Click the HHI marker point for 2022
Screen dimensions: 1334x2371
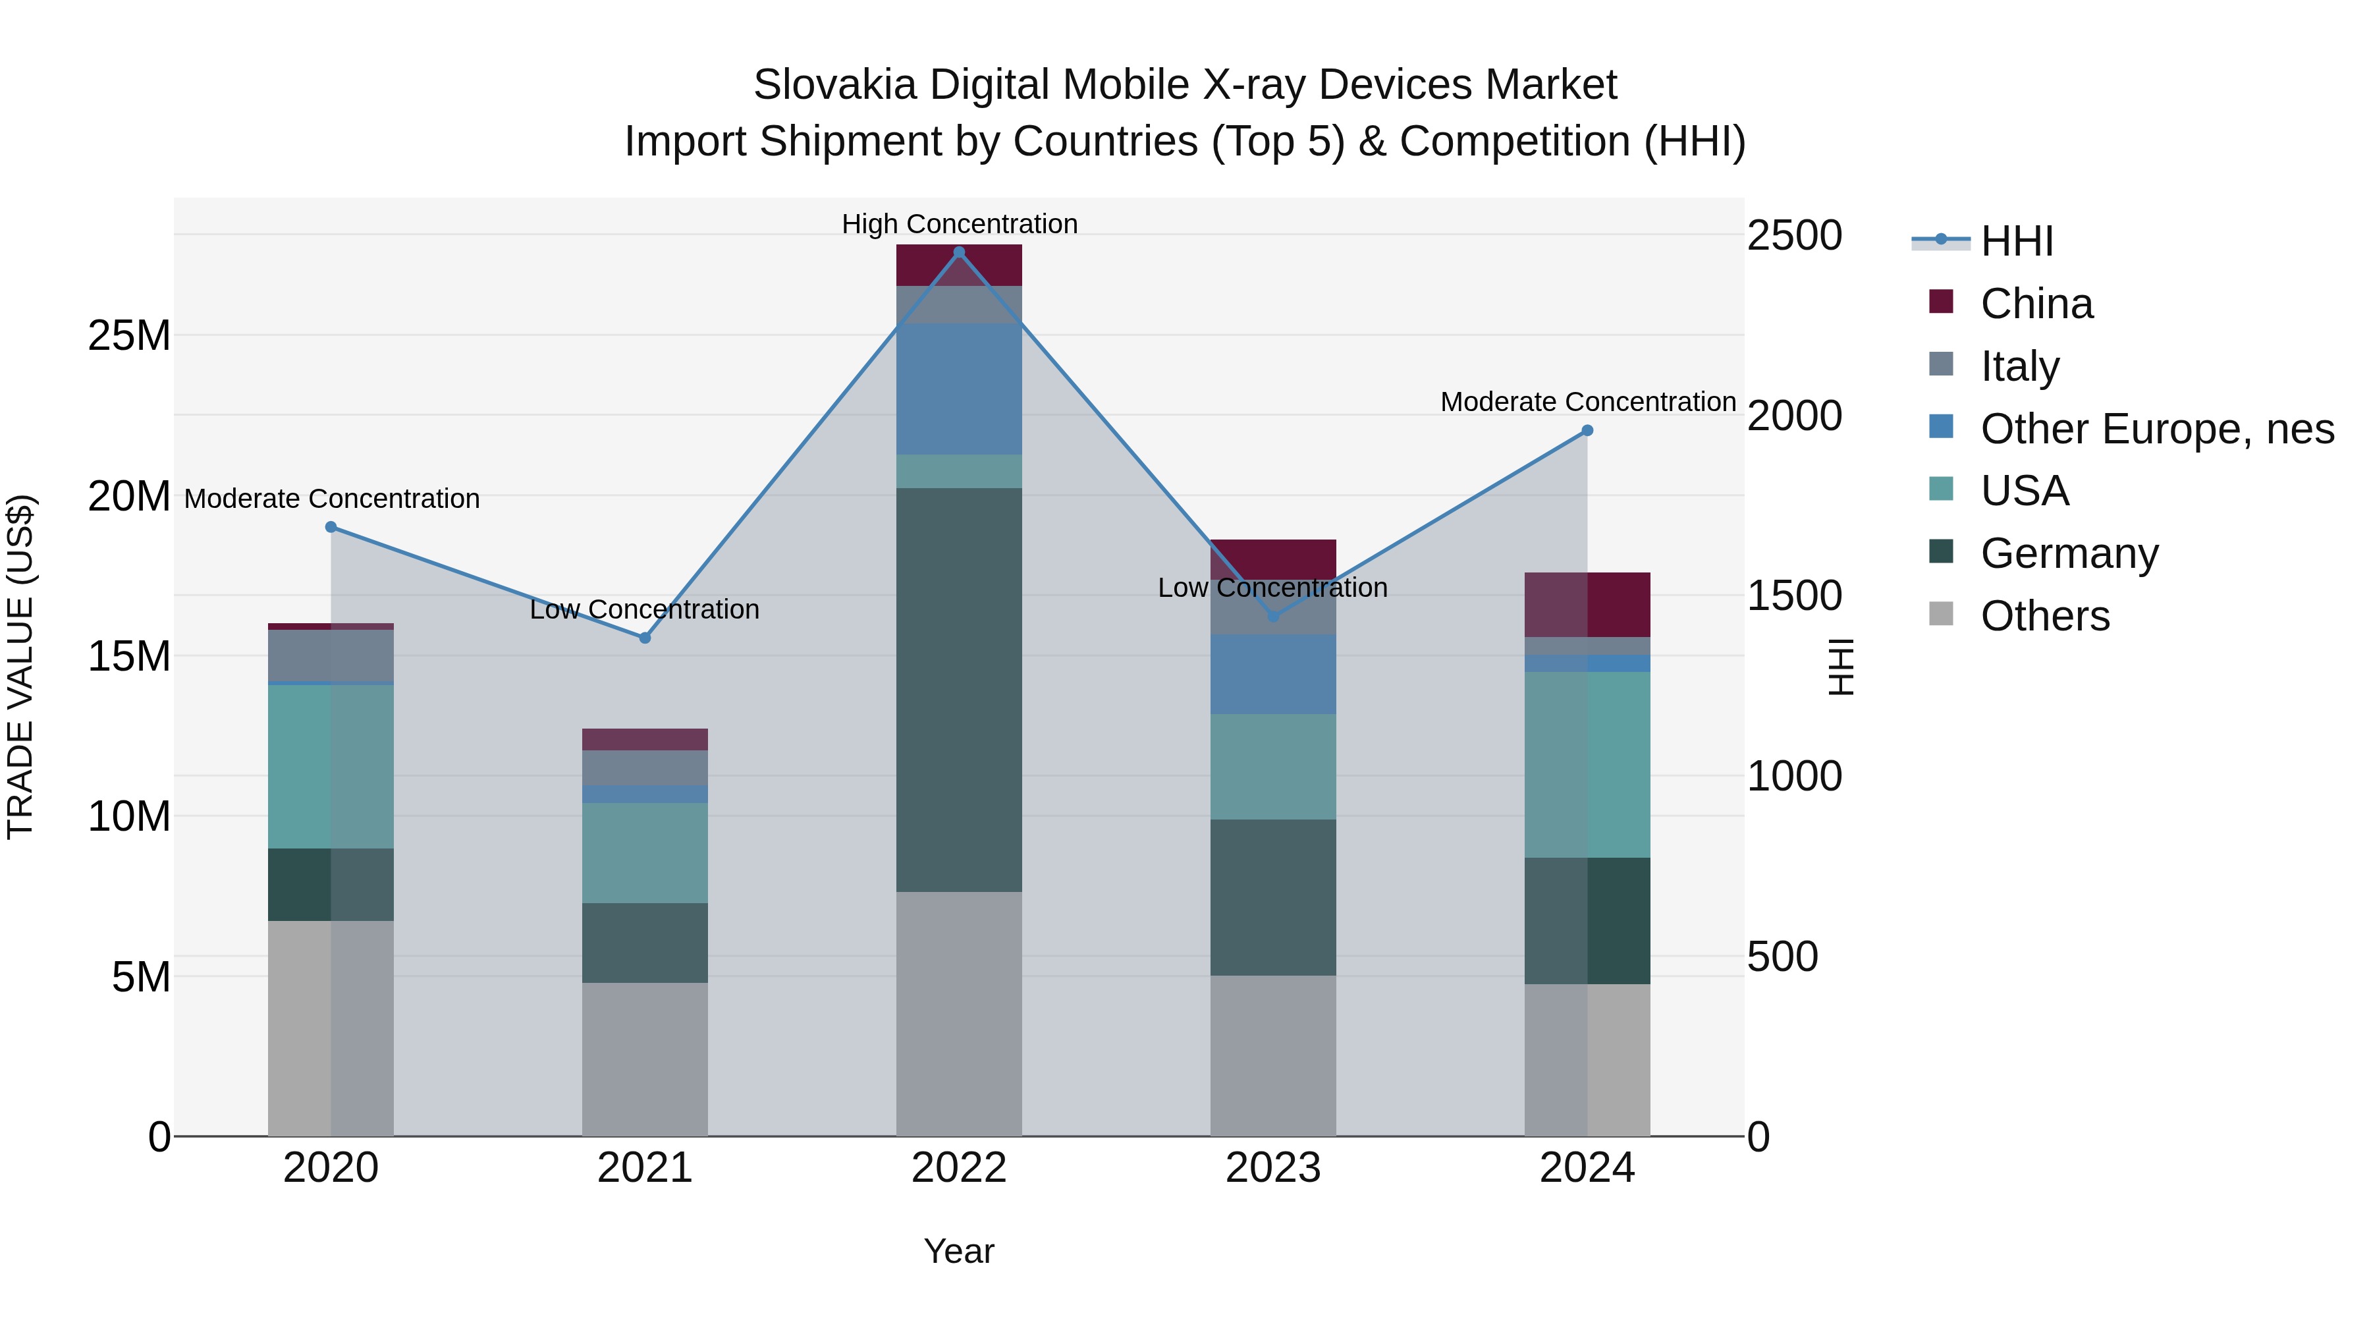[959, 252]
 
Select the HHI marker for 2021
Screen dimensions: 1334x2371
[645, 638]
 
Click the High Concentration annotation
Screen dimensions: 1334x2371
[959, 224]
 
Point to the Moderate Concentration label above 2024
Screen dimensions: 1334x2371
[1588, 403]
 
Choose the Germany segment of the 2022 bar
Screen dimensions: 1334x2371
[959, 690]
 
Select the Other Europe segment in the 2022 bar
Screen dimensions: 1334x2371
[959, 389]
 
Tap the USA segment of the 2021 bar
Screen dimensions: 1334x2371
[645, 852]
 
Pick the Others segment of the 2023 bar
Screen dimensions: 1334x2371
[1273, 1055]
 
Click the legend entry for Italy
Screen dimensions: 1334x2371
[2019, 366]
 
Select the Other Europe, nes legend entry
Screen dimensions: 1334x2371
[2156, 429]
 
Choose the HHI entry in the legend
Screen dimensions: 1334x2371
[2016, 241]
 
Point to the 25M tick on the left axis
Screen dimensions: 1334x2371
[129, 336]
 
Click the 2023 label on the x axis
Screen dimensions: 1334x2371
[1273, 1168]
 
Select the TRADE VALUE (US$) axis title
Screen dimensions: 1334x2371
[20, 667]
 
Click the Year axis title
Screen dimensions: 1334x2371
[959, 1251]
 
